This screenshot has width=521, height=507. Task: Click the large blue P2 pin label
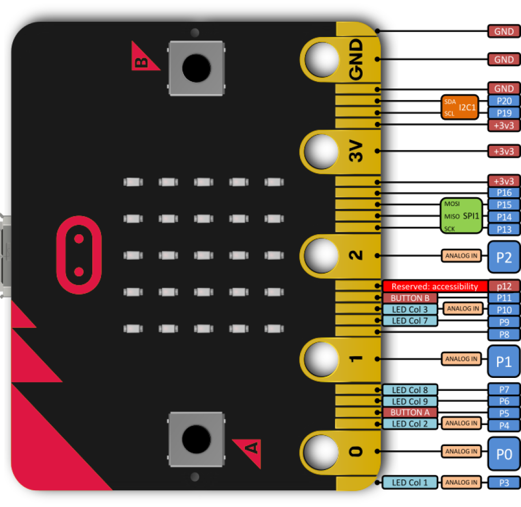coord(504,256)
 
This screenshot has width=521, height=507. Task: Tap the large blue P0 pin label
coord(504,453)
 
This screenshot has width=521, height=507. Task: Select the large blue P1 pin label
coord(504,361)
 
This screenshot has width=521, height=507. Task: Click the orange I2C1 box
coord(459,107)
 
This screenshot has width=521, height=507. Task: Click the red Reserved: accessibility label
coord(435,286)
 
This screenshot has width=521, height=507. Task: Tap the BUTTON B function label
coord(410,298)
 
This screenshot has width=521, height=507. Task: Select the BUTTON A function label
coord(410,412)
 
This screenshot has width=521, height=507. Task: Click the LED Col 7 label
coord(410,321)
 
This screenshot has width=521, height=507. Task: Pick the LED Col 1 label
coord(410,483)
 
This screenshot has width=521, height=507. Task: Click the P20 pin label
coord(504,100)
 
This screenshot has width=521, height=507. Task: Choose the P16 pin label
coord(504,193)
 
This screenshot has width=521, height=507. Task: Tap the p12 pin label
coord(504,286)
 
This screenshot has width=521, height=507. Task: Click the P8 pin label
coord(504,335)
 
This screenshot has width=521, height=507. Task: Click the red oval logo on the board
coord(79,256)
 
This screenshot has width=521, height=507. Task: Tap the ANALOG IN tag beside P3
coord(461,483)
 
